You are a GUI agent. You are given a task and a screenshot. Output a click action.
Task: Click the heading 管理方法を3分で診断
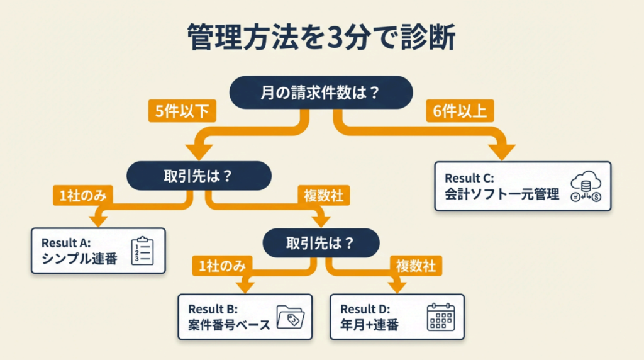(x=321, y=37)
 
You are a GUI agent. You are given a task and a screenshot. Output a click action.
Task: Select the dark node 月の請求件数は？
(x=321, y=93)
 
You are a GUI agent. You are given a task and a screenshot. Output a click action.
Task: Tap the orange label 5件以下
(x=182, y=111)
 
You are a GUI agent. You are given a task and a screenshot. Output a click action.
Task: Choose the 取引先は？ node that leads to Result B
(x=321, y=242)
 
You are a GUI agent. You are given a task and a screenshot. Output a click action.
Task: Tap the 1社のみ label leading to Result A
(x=83, y=196)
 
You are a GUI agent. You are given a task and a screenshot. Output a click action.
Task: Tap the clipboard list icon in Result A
(x=142, y=250)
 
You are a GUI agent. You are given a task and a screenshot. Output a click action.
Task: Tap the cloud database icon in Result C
(x=585, y=187)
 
